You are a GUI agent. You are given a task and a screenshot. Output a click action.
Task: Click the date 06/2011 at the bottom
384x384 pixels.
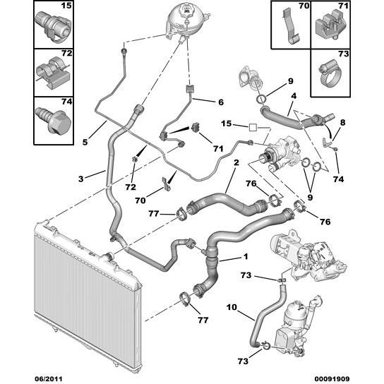pos(48,379)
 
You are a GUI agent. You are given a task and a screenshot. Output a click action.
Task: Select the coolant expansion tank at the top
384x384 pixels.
pos(187,20)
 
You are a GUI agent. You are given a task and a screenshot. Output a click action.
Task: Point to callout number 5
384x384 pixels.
pos(85,142)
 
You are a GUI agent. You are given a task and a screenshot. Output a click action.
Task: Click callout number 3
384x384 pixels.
pos(80,179)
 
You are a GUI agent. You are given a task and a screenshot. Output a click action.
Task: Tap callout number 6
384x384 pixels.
pos(221,102)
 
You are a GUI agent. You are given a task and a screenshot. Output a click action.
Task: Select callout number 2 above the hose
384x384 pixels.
pos(236,162)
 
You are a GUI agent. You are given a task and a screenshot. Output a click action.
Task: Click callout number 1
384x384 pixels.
pos(246,256)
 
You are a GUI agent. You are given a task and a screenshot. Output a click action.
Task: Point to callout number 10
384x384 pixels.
pos(232,307)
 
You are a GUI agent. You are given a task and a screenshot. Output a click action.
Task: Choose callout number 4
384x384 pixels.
pos(294,96)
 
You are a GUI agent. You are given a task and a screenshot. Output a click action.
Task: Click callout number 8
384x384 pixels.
pos(342,122)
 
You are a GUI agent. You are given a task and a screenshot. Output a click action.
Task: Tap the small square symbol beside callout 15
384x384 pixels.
pos(253,128)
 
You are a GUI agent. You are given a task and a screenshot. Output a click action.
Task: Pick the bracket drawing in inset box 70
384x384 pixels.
pos(291,26)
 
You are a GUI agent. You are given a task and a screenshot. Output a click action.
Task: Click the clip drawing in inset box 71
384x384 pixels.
pos(330,26)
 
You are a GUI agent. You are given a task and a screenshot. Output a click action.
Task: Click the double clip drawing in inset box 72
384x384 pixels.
pos(53,73)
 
